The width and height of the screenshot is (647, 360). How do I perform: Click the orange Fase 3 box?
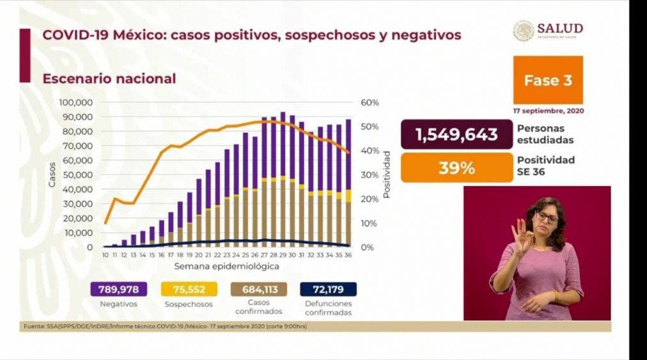547,80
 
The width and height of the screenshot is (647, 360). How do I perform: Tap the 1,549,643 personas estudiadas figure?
456,135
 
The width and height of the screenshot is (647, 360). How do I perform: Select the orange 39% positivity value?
456,168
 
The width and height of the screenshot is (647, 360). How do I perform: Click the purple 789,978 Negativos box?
119,289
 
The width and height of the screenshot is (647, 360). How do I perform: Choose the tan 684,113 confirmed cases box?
259,289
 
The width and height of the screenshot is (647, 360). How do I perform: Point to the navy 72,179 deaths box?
328,289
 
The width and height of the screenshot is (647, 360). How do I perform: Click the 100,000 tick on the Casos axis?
76,102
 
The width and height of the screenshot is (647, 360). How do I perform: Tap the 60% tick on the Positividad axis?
370,102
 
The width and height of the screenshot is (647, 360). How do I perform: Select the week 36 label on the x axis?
348,254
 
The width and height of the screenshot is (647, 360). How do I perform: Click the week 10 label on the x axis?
105,254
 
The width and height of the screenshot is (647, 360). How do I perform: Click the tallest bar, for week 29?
283,179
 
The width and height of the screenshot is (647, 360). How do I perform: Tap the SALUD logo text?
559,28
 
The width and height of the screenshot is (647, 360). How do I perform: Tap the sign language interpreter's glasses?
547,218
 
